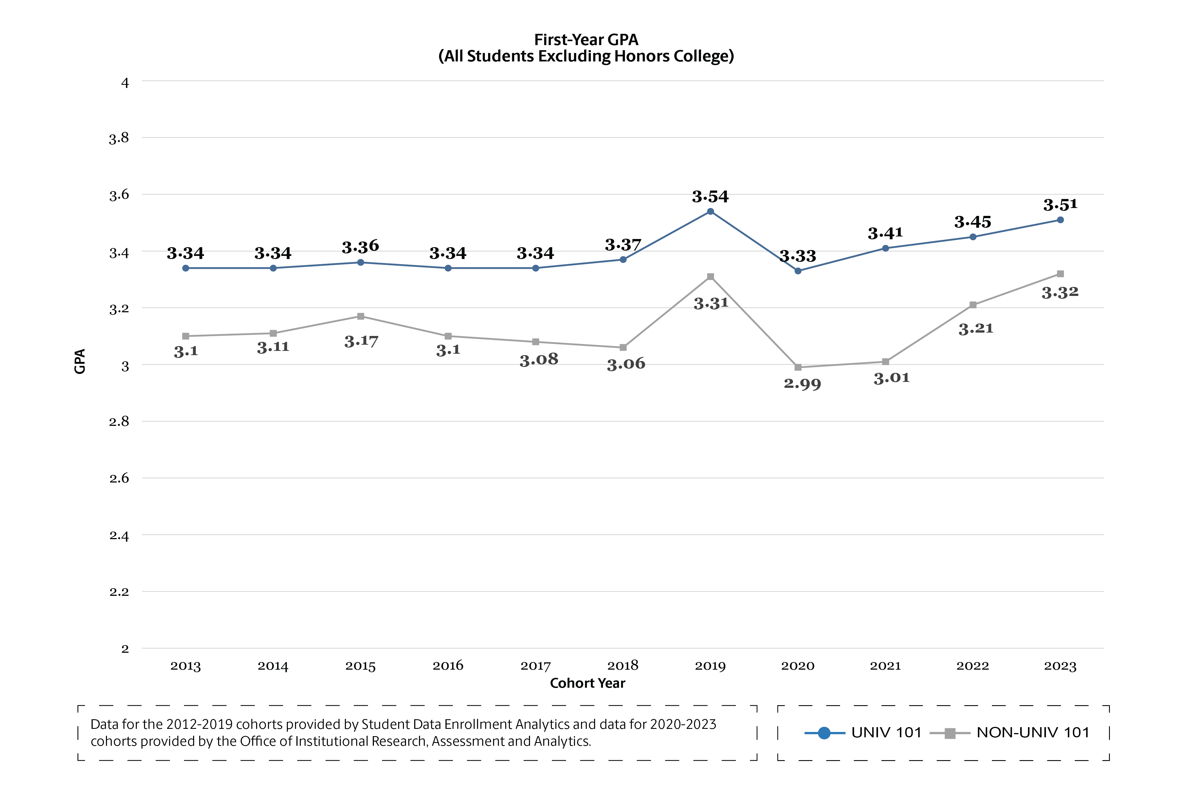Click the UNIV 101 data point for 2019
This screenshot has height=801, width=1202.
(x=710, y=211)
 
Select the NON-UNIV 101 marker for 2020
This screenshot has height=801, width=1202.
(x=798, y=367)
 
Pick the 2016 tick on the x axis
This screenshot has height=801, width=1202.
(x=448, y=666)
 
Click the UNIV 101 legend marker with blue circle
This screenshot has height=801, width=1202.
(x=824, y=733)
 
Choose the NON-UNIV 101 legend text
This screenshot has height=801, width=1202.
(x=1033, y=733)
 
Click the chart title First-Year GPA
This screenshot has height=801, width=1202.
(x=586, y=40)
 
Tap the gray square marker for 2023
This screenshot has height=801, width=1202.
(x=1060, y=274)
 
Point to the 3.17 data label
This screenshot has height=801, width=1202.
(x=361, y=341)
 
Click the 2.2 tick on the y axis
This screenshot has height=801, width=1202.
(x=119, y=592)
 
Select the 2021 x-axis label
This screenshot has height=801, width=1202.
(x=885, y=666)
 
